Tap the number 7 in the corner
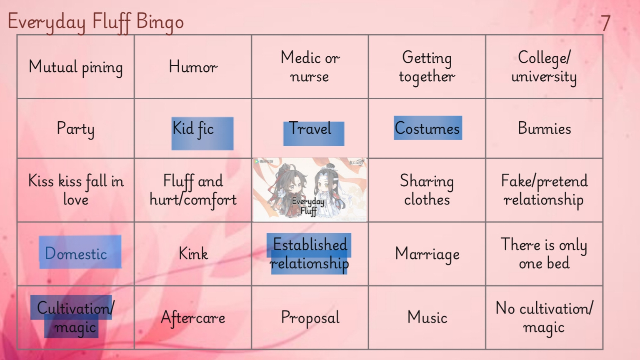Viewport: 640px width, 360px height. tap(605, 23)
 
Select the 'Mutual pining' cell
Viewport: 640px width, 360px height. tap(76, 67)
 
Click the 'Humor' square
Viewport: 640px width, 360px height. tap(193, 67)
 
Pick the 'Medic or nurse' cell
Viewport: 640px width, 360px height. tap(310, 67)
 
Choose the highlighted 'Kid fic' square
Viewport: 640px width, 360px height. tap(193, 128)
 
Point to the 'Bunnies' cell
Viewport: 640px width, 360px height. tap(544, 128)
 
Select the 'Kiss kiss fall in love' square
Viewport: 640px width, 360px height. tap(76, 190)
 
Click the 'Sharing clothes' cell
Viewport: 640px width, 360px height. tap(427, 190)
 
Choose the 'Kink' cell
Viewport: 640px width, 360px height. tap(193, 254)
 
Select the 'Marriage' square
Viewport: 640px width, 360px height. tap(427, 254)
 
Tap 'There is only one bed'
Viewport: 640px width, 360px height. tap(544, 254)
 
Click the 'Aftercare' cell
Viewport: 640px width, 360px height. tap(193, 317)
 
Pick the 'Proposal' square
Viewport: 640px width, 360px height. tap(310, 317)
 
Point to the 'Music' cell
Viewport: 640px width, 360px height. tap(427, 317)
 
